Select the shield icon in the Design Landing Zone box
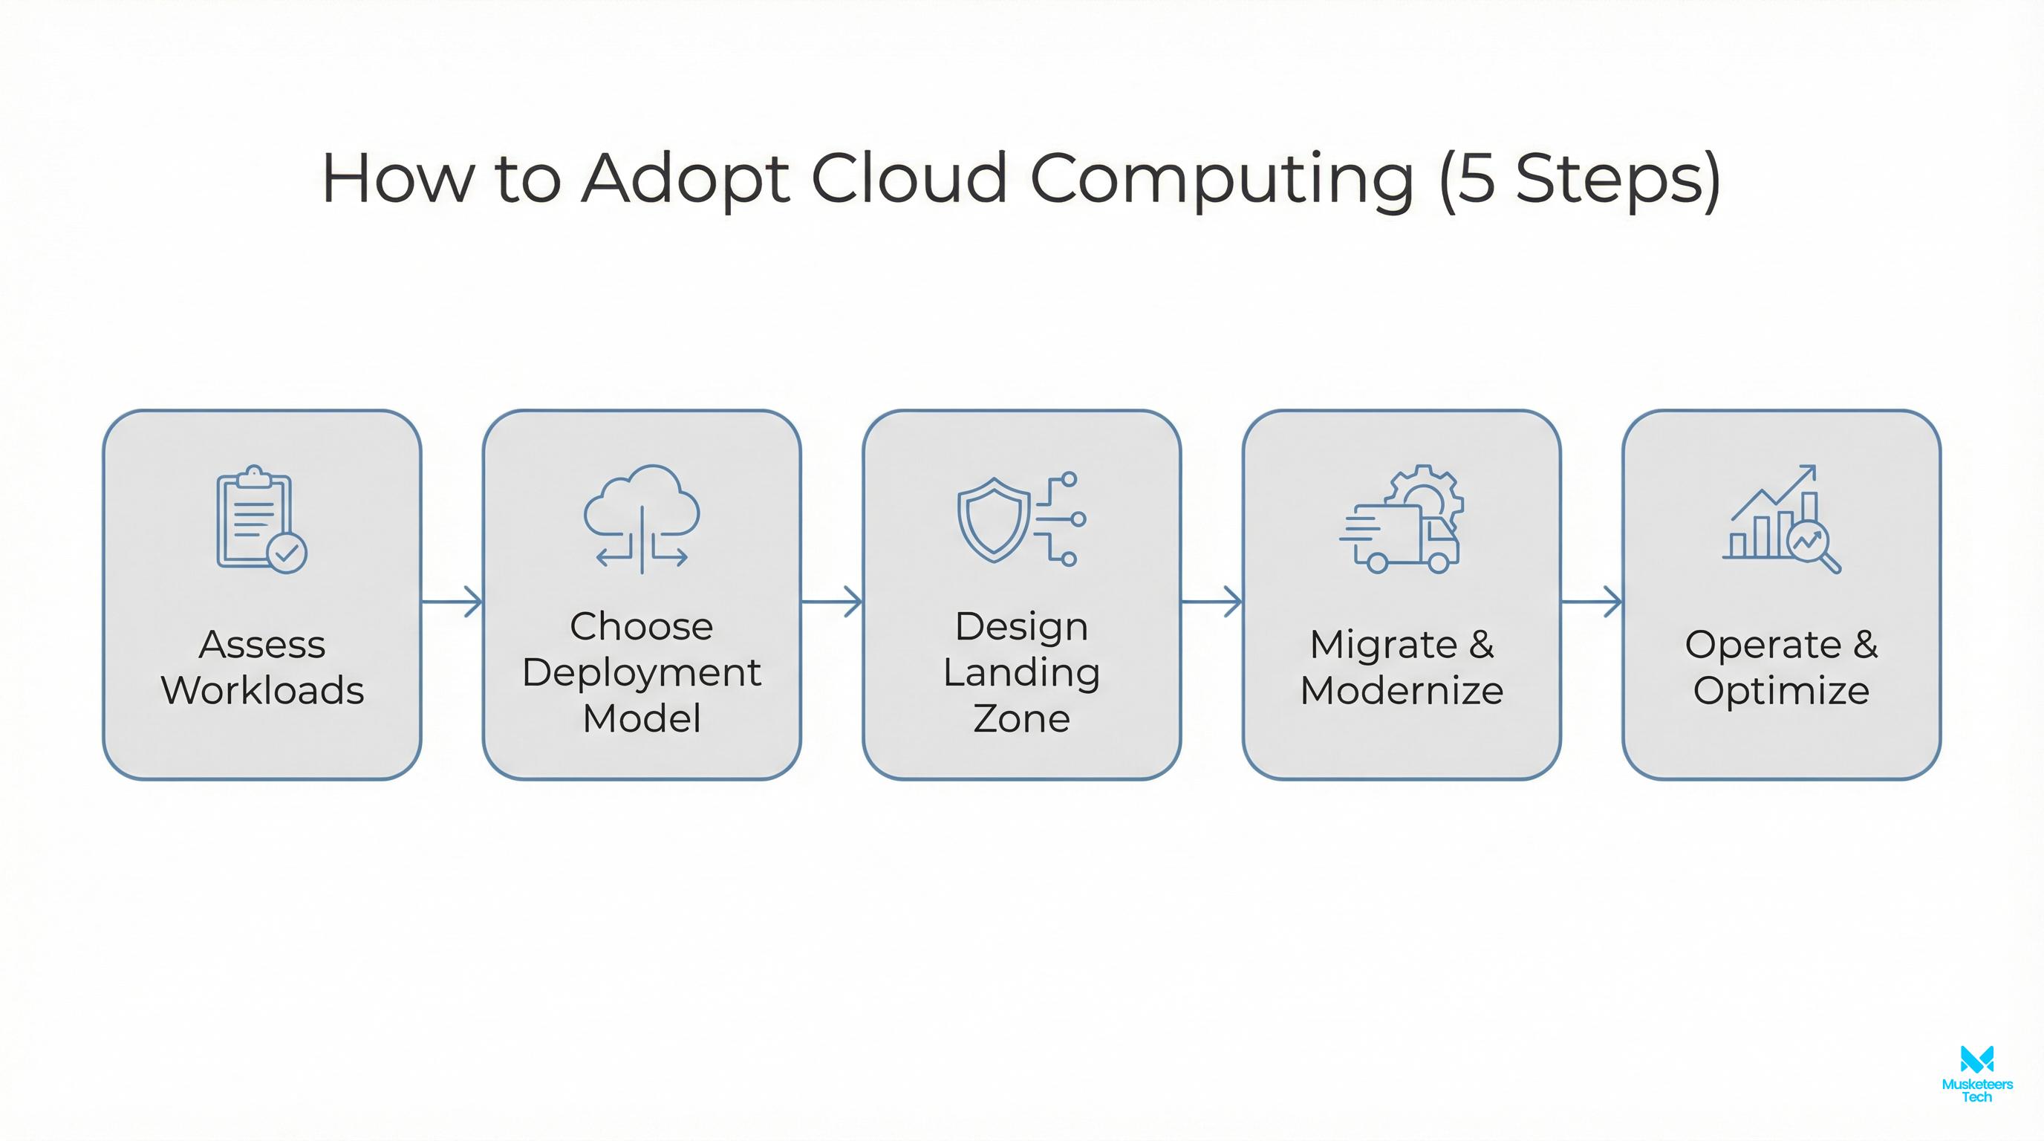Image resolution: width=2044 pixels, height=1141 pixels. pyautogui.click(x=992, y=519)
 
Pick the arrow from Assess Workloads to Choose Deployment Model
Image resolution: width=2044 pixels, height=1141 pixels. pyautogui.click(x=452, y=602)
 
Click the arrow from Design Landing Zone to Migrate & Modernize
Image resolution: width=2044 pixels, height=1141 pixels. pyautogui.click(x=1211, y=602)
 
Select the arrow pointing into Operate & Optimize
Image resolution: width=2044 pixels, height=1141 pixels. pyautogui.click(x=1591, y=602)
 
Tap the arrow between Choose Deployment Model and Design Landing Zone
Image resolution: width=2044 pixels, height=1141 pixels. pyautogui.click(x=831, y=602)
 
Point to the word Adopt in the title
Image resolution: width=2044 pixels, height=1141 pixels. pyautogui.click(x=686, y=179)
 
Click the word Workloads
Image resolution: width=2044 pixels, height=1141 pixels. pyautogui.click(x=263, y=690)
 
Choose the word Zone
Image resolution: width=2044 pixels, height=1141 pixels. pyautogui.click(x=1021, y=719)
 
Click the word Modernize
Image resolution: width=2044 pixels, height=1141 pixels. pyautogui.click(x=1402, y=690)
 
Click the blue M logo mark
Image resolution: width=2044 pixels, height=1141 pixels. pyautogui.click(x=1976, y=1059)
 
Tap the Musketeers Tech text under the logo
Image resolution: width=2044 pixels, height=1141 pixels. pyautogui.click(x=1976, y=1090)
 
